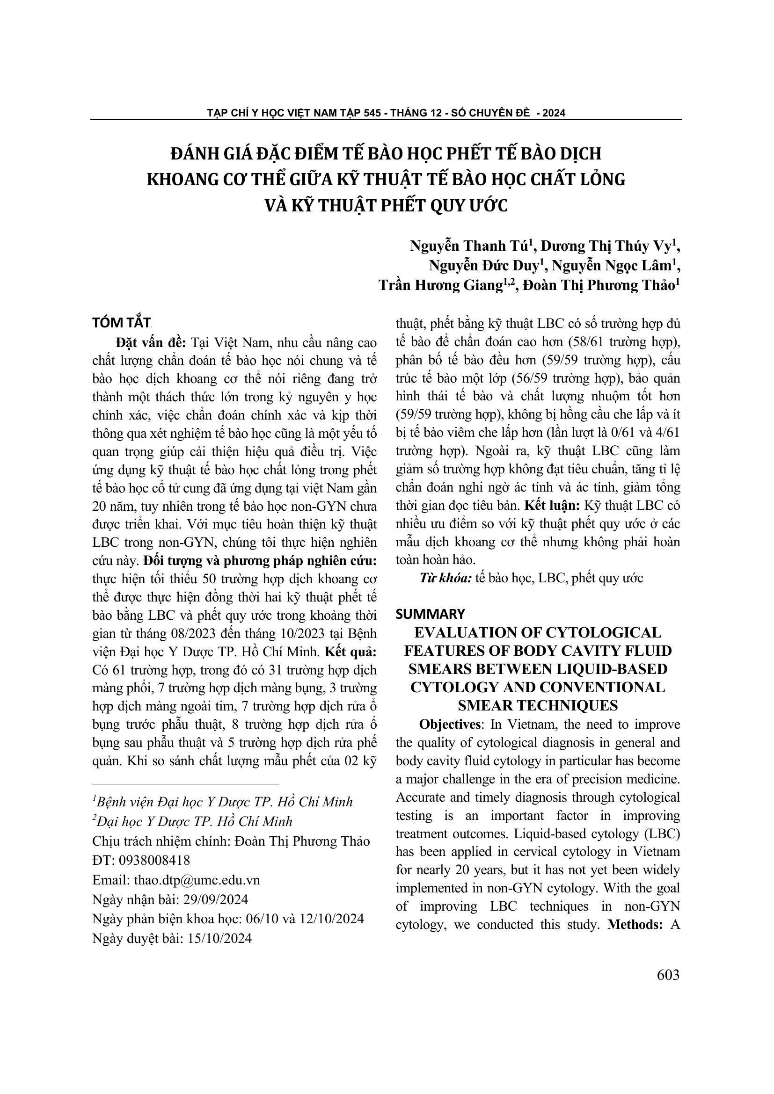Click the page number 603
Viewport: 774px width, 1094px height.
pos(668,975)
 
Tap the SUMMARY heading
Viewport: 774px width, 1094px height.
pos(430,614)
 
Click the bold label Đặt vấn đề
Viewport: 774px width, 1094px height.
pos(151,342)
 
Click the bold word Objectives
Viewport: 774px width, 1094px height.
pos(449,724)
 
